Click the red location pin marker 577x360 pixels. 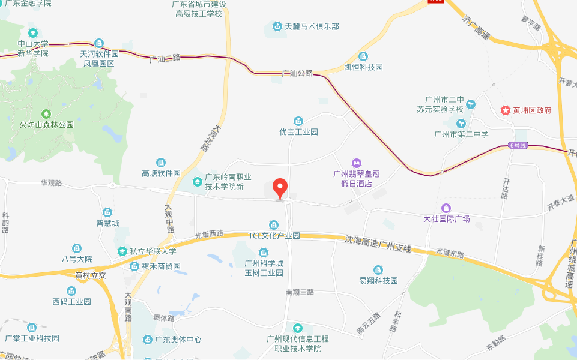280,188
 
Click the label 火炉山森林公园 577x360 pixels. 46,125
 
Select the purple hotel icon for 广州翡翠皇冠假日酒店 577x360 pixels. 357,163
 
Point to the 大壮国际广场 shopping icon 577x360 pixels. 446,208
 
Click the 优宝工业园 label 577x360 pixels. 298,132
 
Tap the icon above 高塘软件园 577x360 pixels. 161,162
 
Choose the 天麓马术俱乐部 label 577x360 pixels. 312,26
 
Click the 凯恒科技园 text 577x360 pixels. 363,67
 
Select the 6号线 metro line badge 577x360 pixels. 518,145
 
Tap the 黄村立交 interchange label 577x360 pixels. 91,275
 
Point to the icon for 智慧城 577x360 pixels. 107,212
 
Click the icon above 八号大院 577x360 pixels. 77,248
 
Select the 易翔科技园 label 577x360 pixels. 378,281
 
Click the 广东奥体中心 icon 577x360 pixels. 148,340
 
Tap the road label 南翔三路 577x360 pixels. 300,292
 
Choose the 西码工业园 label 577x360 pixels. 71,302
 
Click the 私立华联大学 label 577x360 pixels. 153,251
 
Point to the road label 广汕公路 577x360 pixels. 298,73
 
